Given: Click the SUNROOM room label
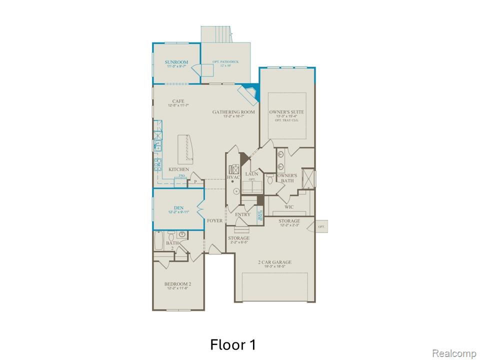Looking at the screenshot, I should point(176,62).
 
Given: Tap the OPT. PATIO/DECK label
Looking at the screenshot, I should point(225,62).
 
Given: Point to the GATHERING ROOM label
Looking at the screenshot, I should point(233,112).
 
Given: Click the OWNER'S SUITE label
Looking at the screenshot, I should point(286,112).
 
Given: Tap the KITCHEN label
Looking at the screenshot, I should point(178,170).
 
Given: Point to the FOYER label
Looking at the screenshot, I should point(215,220).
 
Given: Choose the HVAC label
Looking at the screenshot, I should point(233,177).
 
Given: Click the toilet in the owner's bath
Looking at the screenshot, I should point(270,181).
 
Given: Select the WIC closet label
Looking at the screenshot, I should point(289,206).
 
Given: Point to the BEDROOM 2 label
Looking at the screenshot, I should point(177,284).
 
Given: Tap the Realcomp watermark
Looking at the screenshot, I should point(453,353).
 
